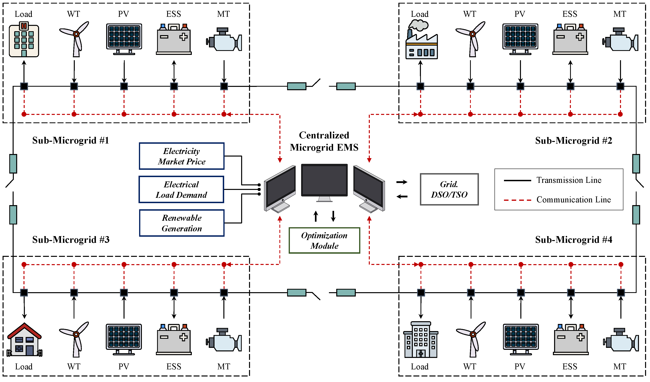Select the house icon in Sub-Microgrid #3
click(24, 340)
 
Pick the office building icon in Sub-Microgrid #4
click(421, 340)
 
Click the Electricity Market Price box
click(182, 156)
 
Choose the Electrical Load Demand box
click(181, 190)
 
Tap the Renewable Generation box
click(182, 223)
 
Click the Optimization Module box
click(324, 241)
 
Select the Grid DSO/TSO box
click(449, 190)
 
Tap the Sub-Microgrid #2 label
click(573, 141)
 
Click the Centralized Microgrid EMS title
click(324, 141)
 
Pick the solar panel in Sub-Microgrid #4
click(521, 339)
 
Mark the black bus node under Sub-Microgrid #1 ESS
click(174, 86)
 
